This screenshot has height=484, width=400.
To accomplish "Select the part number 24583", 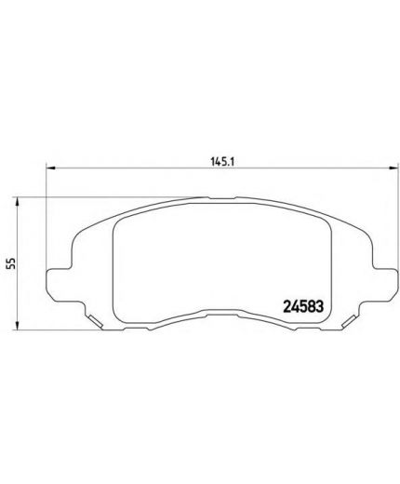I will [x=302, y=303].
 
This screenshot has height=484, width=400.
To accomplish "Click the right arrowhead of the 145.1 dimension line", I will [x=381, y=168].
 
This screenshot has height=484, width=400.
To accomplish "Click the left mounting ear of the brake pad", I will [x=56, y=279].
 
